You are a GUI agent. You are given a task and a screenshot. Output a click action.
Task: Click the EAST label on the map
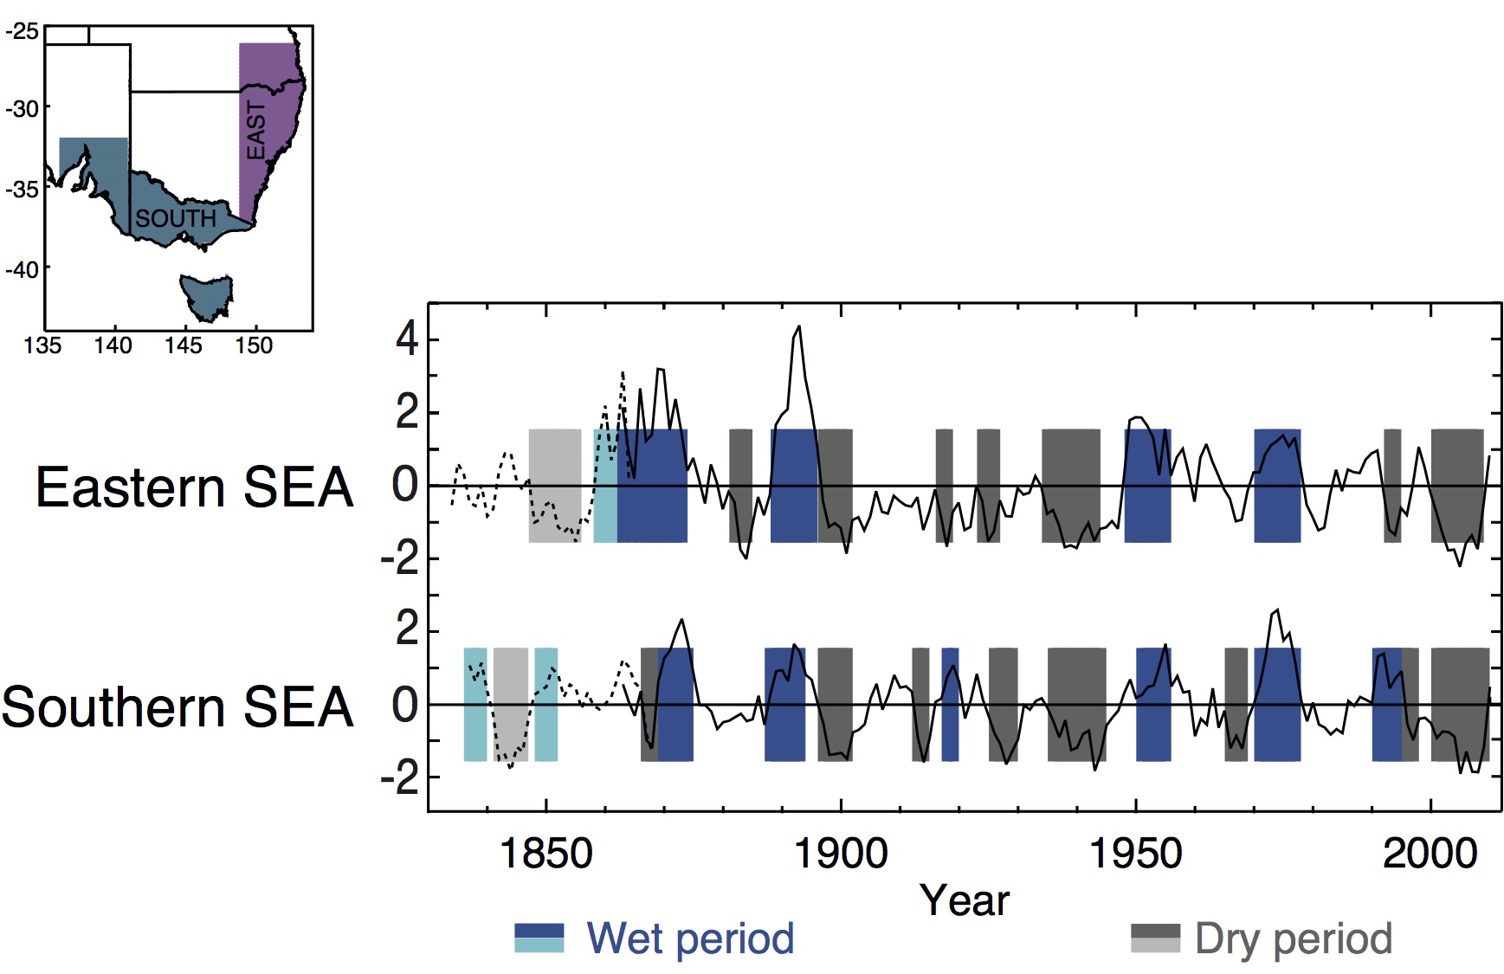point(256,131)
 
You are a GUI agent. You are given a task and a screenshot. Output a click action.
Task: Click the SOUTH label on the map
point(175,218)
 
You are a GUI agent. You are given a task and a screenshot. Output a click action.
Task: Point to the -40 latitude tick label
point(22,269)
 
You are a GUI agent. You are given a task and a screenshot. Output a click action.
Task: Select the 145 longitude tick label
point(184,346)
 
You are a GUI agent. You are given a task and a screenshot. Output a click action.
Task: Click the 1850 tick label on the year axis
point(546,854)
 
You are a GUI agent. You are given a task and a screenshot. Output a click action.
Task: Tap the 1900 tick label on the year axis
point(841,854)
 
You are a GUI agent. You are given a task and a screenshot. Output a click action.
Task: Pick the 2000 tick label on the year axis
point(1430,854)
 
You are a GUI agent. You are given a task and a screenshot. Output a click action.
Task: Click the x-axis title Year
point(964,900)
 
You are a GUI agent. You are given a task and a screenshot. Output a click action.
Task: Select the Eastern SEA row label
point(195,487)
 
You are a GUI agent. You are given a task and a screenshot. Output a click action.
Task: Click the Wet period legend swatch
point(539,939)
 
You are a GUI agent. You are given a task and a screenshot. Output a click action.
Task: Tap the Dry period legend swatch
point(1155,939)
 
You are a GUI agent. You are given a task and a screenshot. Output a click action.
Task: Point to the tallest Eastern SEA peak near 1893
point(798,327)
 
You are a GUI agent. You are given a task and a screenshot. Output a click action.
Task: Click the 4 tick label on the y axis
point(407,339)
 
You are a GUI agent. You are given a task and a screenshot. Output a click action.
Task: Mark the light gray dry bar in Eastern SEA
point(555,486)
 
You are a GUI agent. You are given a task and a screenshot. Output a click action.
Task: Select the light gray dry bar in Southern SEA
point(511,704)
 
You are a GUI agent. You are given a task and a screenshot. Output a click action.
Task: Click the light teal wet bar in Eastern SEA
point(605,486)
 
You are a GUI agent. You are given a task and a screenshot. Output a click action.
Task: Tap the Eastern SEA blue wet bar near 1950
point(1147,486)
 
